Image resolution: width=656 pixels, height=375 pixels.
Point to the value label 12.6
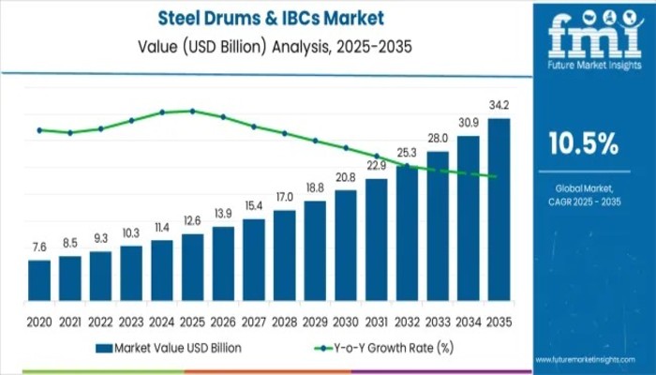[192, 220]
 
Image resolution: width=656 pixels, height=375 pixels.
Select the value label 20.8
[346, 177]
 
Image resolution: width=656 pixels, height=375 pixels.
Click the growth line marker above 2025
[193, 111]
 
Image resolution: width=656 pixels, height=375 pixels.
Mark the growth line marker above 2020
[39, 130]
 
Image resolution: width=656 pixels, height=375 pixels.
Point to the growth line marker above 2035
[494, 176]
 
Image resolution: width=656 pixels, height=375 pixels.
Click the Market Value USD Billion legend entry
[169, 348]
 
